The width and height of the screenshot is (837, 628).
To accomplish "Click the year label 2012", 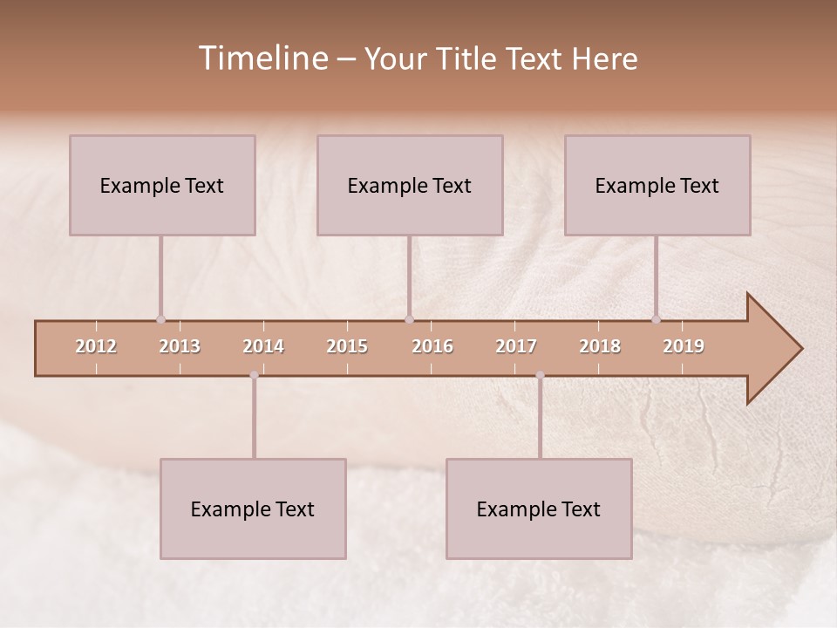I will click(96, 346).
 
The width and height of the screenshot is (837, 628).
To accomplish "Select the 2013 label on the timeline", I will click(180, 346).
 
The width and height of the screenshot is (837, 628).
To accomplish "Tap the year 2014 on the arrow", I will click(263, 346).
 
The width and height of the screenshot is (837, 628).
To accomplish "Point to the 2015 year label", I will click(347, 346).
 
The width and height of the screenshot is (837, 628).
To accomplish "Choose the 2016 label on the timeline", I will click(432, 346).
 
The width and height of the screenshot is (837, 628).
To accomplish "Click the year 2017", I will click(516, 346).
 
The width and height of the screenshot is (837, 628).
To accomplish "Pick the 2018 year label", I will click(600, 346).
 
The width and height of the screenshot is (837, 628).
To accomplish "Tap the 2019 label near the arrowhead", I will click(684, 346).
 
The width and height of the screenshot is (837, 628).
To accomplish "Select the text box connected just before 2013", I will click(162, 186).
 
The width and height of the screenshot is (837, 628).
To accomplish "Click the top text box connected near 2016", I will click(410, 186).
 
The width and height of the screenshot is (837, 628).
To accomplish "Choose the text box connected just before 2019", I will click(657, 186).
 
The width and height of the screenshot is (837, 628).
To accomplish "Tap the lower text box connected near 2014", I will click(253, 509).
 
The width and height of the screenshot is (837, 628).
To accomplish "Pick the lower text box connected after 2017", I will click(539, 509).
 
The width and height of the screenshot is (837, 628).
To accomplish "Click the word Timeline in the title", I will click(262, 58).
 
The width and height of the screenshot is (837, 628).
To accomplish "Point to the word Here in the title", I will click(604, 59).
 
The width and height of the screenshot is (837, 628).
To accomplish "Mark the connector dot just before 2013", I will click(160, 319).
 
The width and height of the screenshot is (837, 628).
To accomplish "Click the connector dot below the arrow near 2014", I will click(254, 375).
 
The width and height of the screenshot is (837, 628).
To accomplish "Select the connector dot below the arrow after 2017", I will click(540, 375).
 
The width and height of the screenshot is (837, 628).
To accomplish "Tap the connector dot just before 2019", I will click(656, 319).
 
